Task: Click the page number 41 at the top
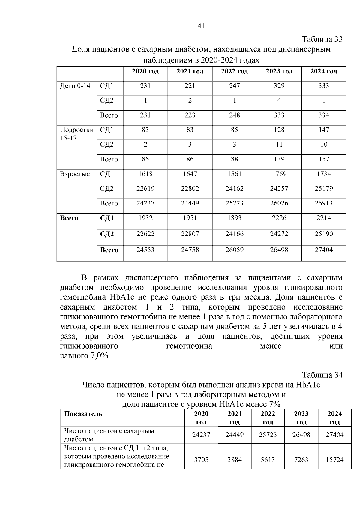201,26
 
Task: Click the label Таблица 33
322,40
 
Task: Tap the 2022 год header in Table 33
234,71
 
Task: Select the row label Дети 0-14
75,86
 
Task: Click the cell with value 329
279,86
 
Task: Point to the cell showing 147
324,130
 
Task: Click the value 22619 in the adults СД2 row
145,189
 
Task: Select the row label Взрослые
75,174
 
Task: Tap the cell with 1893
234,218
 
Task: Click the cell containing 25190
324,234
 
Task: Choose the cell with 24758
190,250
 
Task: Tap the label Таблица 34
322,375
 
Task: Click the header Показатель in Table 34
83,414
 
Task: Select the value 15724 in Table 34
334,460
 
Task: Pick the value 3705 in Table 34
201,460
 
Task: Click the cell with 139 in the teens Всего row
279,159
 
